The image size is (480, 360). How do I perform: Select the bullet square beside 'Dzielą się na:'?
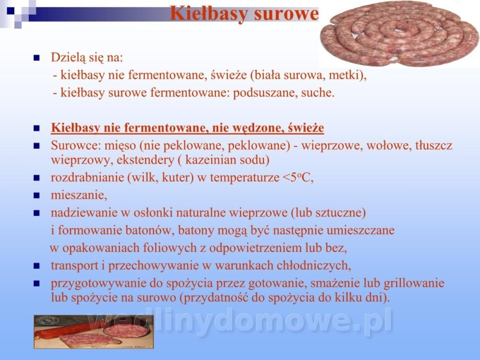[x=37, y=58]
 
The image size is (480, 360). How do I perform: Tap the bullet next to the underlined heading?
[x=37, y=128]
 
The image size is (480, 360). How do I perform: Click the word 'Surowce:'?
[x=76, y=145]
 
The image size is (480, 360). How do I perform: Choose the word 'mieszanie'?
[x=78, y=195]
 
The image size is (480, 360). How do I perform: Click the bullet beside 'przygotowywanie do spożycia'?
[x=37, y=284]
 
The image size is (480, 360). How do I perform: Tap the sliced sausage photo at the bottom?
[x=94, y=332]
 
